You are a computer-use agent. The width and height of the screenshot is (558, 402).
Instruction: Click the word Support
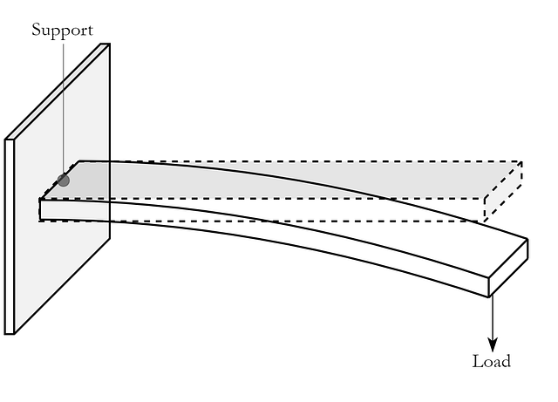(62, 31)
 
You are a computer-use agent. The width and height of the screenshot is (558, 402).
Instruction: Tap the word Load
(492, 361)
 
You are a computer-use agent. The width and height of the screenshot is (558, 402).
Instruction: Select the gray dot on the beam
(64, 181)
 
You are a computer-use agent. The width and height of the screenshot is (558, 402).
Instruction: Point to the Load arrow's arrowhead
(493, 344)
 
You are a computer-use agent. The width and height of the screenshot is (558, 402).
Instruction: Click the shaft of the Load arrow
(493, 317)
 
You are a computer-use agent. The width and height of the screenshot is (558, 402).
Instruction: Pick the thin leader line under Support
(64, 106)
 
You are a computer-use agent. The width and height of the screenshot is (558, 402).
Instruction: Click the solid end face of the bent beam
(508, 268)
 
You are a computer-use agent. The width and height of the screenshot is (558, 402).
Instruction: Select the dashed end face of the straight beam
(503, 191)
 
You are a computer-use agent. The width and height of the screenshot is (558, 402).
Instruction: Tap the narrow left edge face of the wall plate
(10, 237)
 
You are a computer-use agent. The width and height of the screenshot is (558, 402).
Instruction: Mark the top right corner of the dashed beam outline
(522, 161)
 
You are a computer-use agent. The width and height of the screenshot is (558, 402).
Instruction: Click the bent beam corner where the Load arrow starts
(489, 296)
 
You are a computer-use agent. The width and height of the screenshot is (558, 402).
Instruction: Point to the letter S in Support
(36, 29)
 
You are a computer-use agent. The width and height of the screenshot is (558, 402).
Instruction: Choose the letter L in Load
(477, 361)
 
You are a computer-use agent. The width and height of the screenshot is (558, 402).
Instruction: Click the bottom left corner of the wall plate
(5, 334)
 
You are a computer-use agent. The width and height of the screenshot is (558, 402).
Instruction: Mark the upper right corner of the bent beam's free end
(527, 239)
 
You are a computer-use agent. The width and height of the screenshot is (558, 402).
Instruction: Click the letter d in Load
(506, 361)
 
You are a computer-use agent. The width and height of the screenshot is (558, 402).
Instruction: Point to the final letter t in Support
(91, 31)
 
